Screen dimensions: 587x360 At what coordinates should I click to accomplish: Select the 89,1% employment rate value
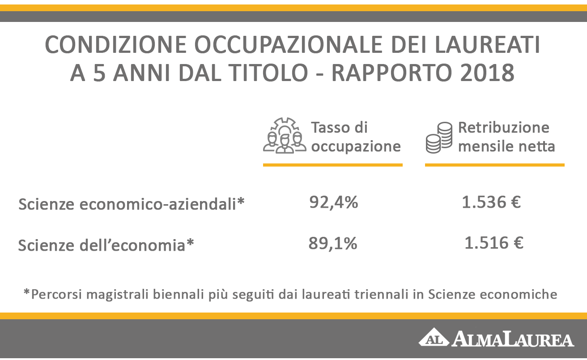pyautogui.click(x=333, y=244)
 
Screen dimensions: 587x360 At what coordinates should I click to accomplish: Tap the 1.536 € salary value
pyautogui.click(x=491, y=202)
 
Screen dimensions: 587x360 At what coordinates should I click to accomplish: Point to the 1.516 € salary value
pyautogui.click(x=494, y=243)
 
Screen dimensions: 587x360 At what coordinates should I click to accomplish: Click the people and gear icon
pyautogui.click(x=285, y=135)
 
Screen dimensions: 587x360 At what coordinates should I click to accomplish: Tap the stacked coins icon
pyautogui.click(x=439, y=137)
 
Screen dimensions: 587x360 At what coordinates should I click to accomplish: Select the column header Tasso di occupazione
pyautogui.click(x=356, y=137)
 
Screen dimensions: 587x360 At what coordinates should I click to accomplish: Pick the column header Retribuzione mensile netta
pyautogui.click(x=506, y=137)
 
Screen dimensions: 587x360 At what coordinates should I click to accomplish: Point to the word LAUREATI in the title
pyautogui.click(x=487, y=45)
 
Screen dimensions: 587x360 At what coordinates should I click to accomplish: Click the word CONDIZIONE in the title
pyautogui.click(x=116, y=45)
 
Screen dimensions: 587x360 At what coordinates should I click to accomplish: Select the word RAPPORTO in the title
pyautogui.click(x=392, y=73)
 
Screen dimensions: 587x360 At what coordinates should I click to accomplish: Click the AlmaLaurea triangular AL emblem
pyautogui.click(x=434, y=338)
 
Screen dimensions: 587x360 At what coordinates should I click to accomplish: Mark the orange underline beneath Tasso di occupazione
pyautogui.click(x=333, y=165)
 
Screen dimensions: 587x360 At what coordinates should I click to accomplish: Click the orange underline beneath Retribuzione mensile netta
pyautogui.click(x=495, y=165)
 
